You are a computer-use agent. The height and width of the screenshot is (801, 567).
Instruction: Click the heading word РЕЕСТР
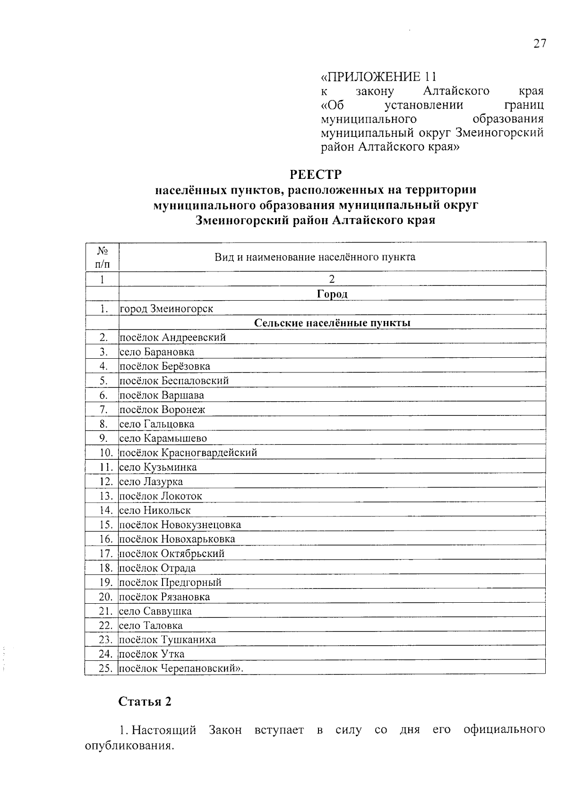tap(315, 175)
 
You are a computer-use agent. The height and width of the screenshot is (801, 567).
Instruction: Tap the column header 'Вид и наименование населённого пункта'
tap(315, 257)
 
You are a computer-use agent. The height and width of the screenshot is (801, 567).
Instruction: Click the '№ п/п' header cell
tap(102, 257)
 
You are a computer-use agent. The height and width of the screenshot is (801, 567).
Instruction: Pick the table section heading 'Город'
tap(332, 294)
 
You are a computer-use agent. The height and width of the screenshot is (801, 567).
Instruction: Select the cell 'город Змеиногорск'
tap(166, 309)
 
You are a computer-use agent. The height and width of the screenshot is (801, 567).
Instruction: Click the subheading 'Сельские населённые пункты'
tap(332, 323)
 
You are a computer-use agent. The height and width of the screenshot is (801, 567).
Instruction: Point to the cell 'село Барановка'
tap(156, 352)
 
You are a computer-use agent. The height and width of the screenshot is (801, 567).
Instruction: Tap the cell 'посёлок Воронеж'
tap(162, 410)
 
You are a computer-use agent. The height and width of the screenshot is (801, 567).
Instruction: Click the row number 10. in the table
tap(106, 453)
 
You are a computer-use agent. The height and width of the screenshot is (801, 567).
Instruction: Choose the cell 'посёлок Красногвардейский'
tap(188, 453)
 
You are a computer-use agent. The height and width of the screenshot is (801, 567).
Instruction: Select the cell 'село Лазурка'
tap(151, 481)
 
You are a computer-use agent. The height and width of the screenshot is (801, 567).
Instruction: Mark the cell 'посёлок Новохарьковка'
tap(177, 539)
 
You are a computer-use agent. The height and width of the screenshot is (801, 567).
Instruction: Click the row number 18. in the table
tap(106, 568)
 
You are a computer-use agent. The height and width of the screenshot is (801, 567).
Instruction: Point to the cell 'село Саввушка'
tap(155, 611)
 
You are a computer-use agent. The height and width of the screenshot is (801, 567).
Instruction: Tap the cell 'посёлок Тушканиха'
tap(167, 640)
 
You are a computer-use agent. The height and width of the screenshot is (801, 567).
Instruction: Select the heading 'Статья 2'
tap(145, 701)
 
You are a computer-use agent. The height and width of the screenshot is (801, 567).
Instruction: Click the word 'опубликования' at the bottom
tap(127, 747)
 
